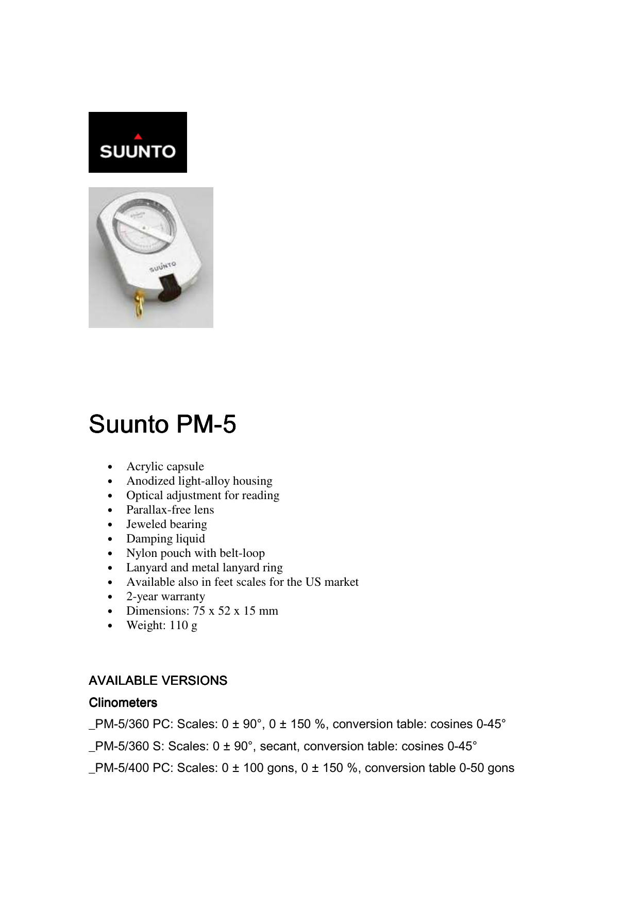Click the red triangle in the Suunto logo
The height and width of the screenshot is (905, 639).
(138, 137)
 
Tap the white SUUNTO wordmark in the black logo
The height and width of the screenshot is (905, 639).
(138, 152)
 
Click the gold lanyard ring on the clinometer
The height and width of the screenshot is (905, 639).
(139, 304)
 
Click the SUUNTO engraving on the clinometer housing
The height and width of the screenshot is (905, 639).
(162, 267)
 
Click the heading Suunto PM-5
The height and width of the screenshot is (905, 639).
(162, 424)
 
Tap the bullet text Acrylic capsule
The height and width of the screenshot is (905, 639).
(165, 466)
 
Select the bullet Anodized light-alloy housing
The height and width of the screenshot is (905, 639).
(199, 481)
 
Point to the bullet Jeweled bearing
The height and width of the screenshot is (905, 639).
(166, 524)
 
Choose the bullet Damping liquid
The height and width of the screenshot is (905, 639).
(165, 538)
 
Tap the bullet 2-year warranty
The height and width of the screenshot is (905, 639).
(165, 596)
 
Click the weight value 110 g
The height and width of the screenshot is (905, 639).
(183, 625)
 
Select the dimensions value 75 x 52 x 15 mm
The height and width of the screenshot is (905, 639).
(236, 611)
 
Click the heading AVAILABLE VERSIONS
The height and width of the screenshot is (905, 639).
(158, 681)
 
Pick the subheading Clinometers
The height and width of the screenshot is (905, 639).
(123, 703)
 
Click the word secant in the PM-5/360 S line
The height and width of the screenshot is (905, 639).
(279, 746)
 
